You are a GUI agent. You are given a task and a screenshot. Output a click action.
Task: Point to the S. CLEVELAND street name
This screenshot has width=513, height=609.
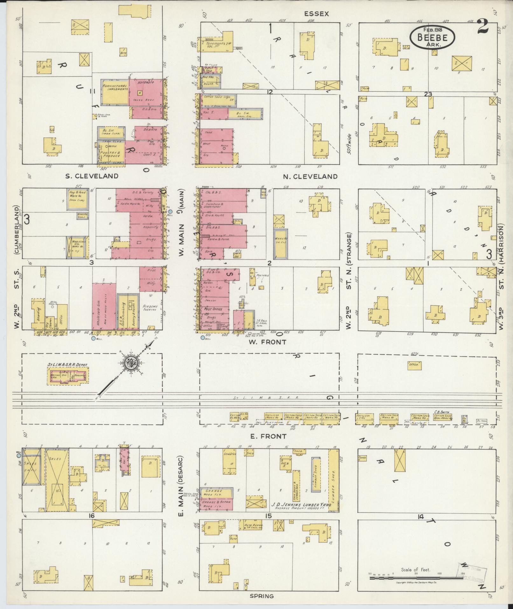coord(92,176)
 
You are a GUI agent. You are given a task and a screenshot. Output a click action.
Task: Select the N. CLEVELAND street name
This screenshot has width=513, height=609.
coord(310,176)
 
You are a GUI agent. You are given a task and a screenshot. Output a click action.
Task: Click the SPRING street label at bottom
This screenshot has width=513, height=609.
coord(262,596)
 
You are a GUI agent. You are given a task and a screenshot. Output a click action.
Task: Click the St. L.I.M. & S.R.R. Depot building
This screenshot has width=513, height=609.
coord(68,376)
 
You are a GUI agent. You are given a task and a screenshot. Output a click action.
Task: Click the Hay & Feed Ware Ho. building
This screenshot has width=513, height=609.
coord(77,199)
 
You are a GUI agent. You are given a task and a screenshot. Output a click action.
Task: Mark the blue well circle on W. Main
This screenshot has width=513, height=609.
coord(170,211)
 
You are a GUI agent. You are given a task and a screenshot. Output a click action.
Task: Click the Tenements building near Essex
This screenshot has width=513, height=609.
coord(215,44)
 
